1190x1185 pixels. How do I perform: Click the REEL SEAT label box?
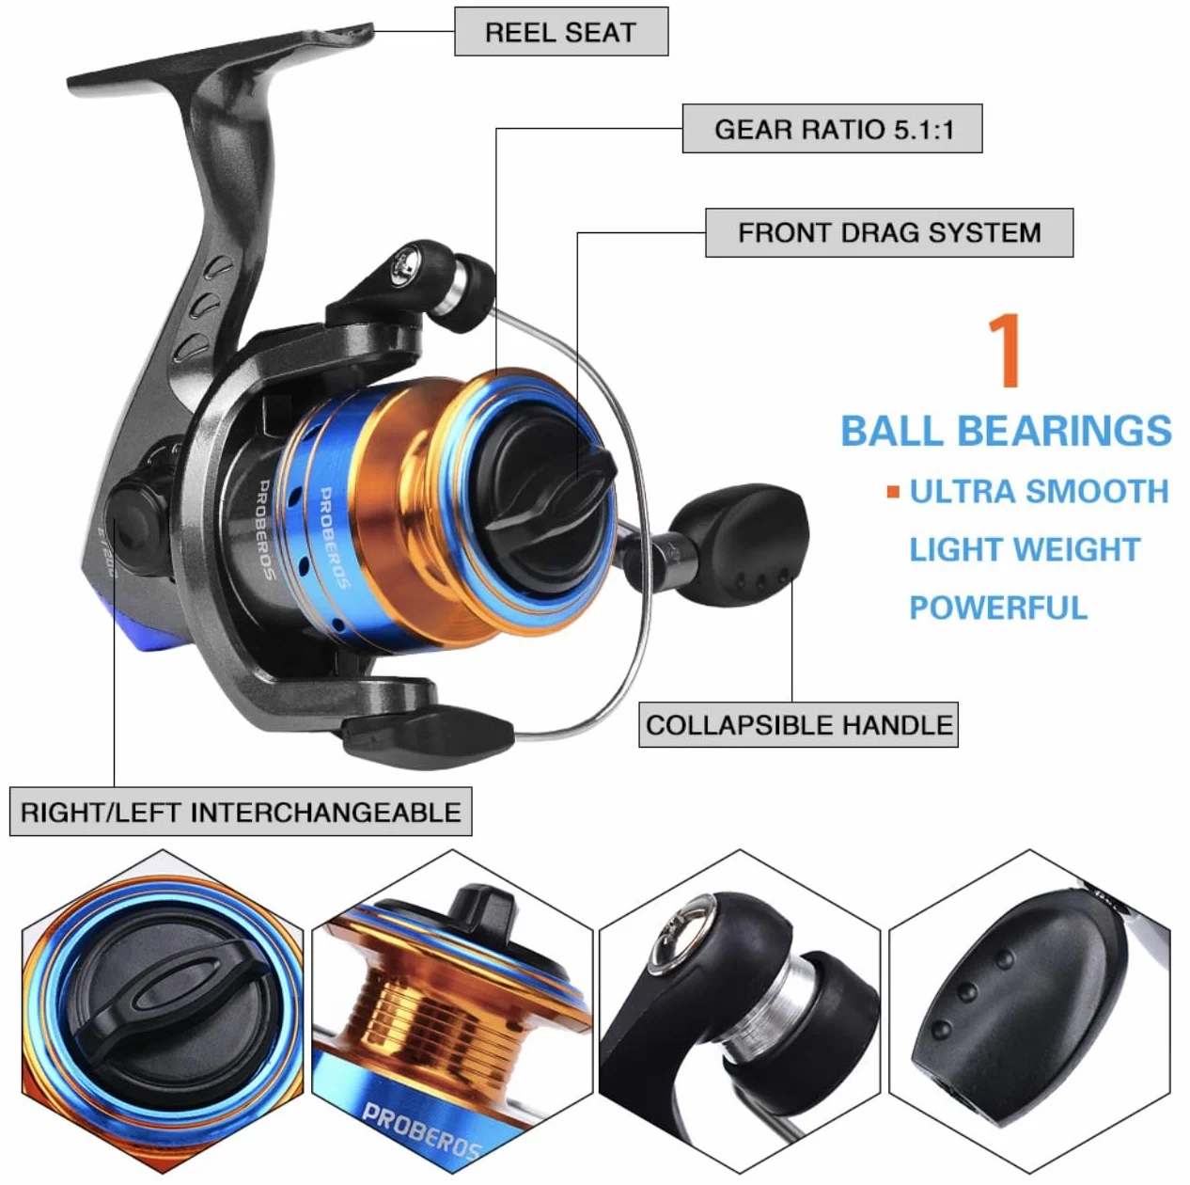click(x=561, y=32)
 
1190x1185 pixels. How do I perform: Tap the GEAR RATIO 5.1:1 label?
click(x=832, y=129)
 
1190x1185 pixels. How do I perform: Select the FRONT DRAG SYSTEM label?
click(x=889, y=232)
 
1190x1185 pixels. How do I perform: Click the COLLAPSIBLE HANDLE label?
click(x=798, y=724)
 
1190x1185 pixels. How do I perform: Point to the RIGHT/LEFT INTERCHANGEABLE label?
click(x=241, y=812)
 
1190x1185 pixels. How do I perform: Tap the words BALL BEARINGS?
click(x=1006, y=431)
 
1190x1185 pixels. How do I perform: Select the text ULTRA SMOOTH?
click(x=1039, y=492)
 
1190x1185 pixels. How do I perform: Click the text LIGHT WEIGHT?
click(x=1025, y=549)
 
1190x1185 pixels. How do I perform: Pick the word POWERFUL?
click(x=998, y=607)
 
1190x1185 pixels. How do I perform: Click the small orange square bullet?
click(x=892, y=492)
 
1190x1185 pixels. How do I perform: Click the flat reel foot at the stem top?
click(x=221, y=57)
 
